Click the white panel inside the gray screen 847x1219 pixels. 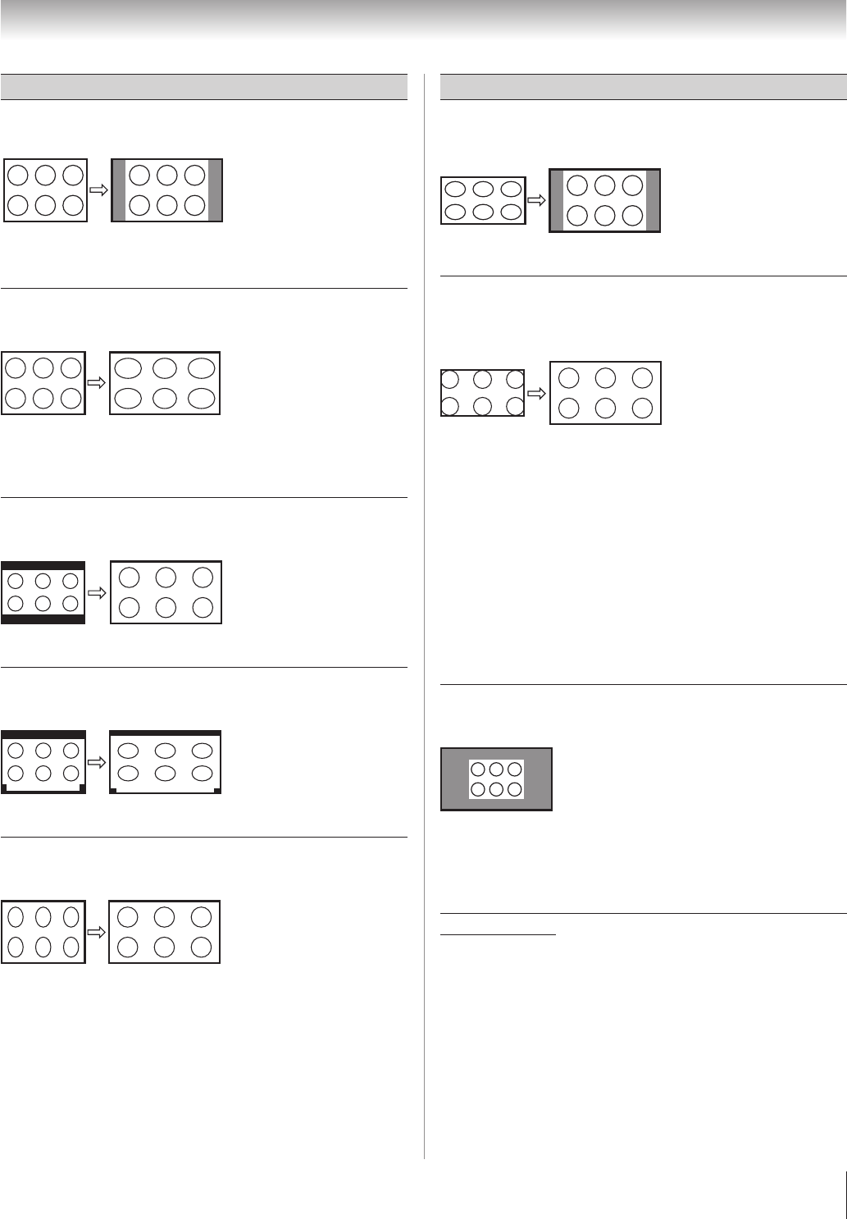click(496, 779)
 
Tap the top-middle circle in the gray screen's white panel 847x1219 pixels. click(496, 769)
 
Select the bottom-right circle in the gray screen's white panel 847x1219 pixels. click(514, 789)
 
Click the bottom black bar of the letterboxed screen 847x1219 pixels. click(43, 619)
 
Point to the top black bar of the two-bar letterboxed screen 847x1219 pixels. click(43, 565)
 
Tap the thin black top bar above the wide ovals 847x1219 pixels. click(165, 732)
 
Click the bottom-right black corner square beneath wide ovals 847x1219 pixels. click(217, 791)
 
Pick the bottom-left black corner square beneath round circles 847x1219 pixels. click(5, 788)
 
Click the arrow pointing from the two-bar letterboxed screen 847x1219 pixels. click(98, 592)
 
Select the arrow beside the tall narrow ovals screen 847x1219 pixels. click(98, 932)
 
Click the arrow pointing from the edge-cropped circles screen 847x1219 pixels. click(536, 393)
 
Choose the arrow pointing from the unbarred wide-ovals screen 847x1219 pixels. click(536, 200)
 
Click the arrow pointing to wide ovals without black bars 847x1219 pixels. click(98, 382)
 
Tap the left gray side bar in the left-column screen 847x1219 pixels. click(119, 190)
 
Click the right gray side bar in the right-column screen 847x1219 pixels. click(653, 201)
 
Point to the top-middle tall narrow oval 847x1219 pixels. click(44, 917)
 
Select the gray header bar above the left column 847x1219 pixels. click(204, 87)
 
